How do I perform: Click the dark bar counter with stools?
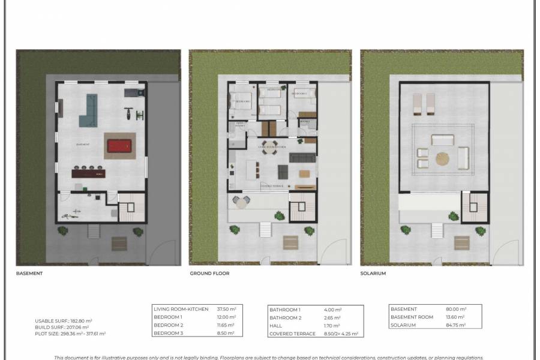point(88,174)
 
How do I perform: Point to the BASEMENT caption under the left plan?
point(29,273)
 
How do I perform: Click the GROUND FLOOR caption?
point(209,273)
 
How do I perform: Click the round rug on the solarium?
point(442,160)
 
